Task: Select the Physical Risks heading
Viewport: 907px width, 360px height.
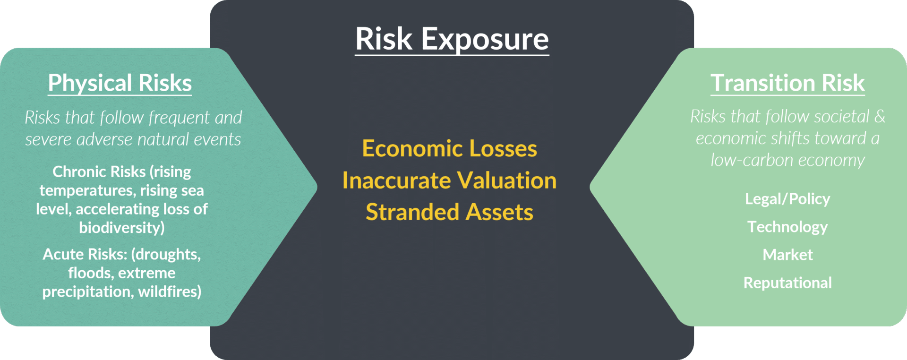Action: [x=120, y=83]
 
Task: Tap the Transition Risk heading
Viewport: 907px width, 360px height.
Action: [x=787, y=83]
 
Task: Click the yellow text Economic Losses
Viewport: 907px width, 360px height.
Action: [x=449, y=149]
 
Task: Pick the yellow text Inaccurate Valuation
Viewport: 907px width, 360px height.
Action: [x=449, y=180]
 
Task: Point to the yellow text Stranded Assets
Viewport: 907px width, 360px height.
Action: [x=449, y=212]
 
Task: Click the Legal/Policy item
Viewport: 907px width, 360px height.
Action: [x=787, y=199]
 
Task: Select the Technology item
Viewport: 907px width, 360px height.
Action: [x=787, y=227]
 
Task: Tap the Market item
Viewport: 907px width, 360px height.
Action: [x=787, y=255]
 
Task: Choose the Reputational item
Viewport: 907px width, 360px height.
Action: [x=787, y=283]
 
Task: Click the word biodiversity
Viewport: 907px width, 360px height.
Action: [x=120, y=228]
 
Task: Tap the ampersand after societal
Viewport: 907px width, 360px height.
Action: [x=880, y=116]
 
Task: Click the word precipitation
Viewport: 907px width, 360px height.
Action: [x=87, y=291]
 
